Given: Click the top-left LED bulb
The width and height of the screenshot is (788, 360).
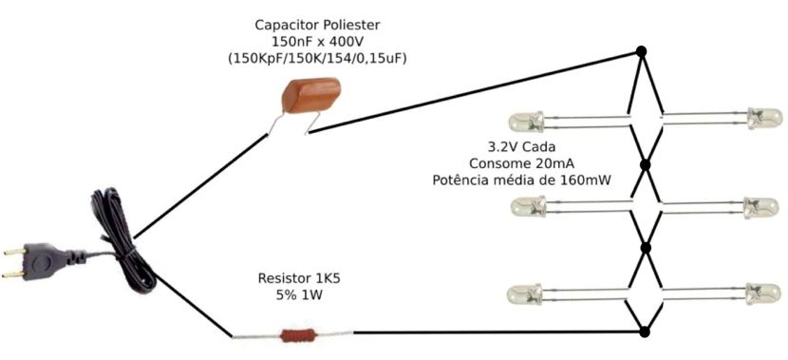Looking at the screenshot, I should tap(525, 122).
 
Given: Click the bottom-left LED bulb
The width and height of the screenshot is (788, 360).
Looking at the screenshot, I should tap(525, 294).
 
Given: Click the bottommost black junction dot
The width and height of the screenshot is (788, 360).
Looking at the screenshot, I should tap(645, 332).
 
